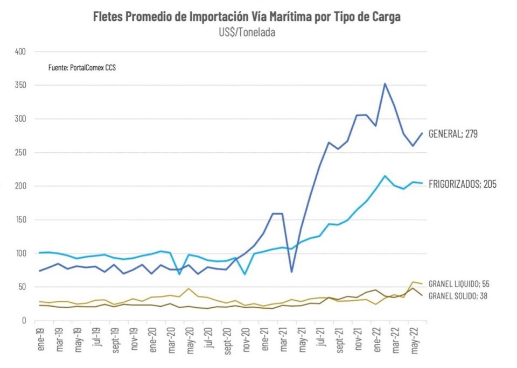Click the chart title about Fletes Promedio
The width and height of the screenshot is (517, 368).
point(247,17)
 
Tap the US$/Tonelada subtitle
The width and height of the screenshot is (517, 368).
point(247,32)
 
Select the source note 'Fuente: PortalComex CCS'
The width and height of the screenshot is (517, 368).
point(82,68)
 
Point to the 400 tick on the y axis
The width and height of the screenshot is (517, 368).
point(21,52)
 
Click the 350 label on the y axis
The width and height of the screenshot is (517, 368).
point(21,85)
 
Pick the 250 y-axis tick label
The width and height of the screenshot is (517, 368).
point(21,152)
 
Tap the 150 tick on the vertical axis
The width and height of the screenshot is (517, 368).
point(21,220)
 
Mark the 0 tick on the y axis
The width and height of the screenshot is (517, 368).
point(24,320)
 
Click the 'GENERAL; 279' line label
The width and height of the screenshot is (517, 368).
point(452,134)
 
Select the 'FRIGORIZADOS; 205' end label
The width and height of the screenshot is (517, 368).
point(462,185)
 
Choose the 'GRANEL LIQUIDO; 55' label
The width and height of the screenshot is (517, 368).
point(458,284)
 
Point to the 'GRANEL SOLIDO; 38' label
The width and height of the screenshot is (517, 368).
point(457,295)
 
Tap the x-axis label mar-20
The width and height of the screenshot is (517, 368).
point(171,338)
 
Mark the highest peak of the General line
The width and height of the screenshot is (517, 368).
point(385,83)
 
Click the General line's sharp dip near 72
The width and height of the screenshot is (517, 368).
point(291,272)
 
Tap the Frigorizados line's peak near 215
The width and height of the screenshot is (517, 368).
point(385,175)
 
